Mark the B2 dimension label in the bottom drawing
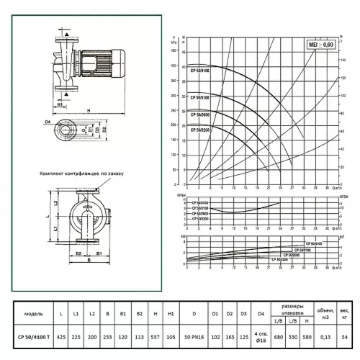78,253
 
